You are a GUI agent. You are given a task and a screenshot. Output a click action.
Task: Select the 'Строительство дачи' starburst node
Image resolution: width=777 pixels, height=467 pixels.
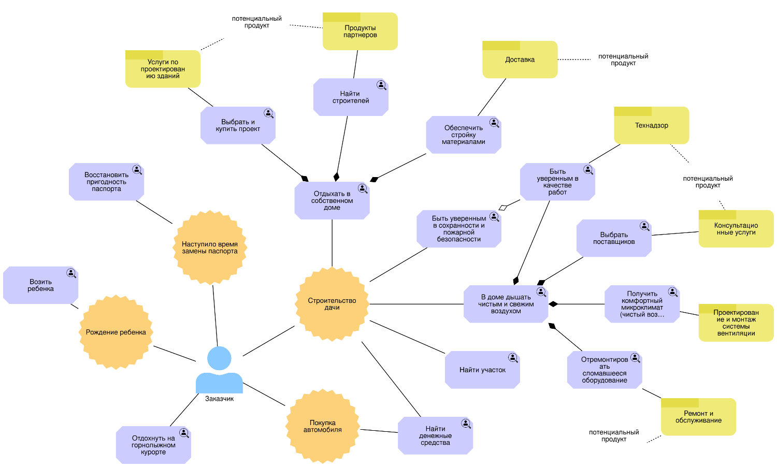click(332, 304)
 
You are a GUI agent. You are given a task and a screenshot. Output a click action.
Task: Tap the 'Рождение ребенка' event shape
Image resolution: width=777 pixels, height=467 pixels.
click(116, 332)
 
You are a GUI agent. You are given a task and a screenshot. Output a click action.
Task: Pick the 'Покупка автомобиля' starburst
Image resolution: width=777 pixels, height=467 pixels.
click(322, 426)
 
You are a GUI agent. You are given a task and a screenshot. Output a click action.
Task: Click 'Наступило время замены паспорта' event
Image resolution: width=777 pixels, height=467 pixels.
click(209, 247)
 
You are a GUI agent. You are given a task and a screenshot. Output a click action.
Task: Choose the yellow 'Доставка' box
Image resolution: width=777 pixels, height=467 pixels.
click(520, 60)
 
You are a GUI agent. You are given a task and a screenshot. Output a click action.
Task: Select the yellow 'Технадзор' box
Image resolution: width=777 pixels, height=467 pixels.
click(651, 126)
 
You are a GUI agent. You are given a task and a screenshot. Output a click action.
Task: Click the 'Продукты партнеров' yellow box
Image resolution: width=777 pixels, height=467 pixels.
click(360, 32)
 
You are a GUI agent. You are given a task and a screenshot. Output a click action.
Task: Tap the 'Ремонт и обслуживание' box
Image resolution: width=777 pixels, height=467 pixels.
click(698, 417)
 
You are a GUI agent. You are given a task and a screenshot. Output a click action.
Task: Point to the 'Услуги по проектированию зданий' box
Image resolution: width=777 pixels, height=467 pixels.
click(163, 69)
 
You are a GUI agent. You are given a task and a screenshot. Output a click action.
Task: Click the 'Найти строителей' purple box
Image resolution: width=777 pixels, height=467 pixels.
click(350, 97)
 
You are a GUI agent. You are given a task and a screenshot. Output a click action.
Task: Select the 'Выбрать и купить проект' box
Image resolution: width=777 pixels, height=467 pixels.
click(238, 126)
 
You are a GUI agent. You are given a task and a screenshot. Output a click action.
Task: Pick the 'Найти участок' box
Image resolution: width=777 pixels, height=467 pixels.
click(482, 370)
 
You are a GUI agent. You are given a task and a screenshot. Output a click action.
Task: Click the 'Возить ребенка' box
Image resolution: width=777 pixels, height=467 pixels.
click(40, 285)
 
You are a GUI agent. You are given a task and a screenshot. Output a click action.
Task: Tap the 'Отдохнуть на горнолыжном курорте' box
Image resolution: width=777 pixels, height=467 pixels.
click(153, 445)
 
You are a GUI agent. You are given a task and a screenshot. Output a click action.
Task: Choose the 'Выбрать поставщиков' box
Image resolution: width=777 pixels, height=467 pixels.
click(613, 238)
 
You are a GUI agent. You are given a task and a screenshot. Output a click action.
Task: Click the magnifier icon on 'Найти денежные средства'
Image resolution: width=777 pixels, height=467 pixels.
click(466, 424)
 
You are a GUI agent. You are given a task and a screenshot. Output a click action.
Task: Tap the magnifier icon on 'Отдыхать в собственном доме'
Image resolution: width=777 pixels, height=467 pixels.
click(363, 189)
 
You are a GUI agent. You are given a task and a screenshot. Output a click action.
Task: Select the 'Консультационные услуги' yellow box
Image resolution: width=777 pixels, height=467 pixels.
click(736, 229)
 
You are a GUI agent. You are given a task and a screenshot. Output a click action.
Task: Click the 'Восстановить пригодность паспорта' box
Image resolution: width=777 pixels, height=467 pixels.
click(106, 182)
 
